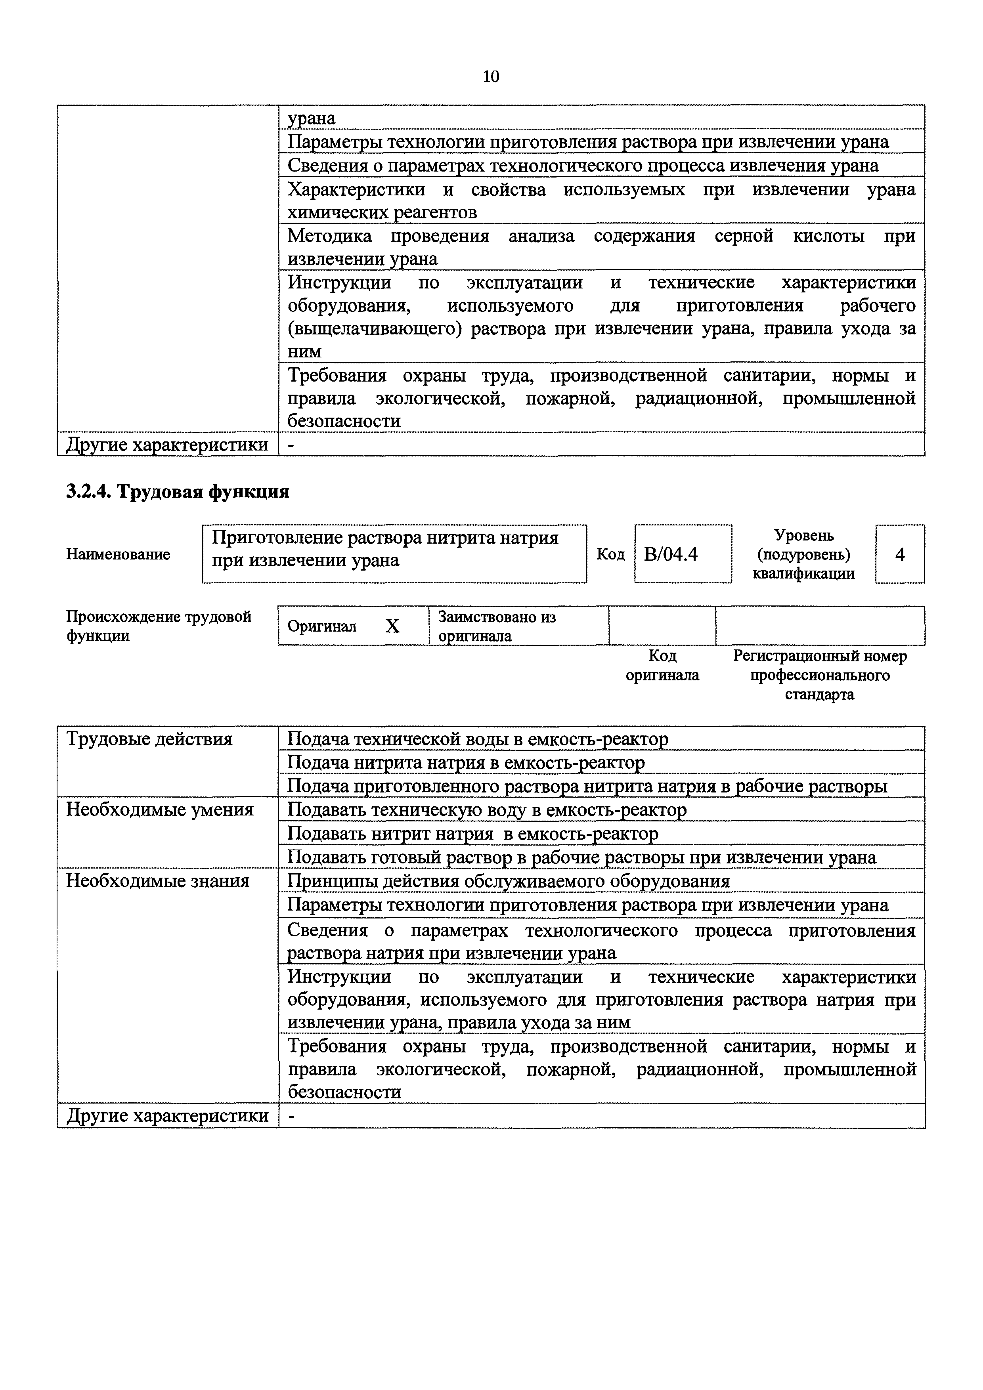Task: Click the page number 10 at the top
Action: pyautogui.click(x=491, y=76)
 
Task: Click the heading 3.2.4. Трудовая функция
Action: pyautogui.click(x=178, y=492)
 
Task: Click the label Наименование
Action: pyautogui.click(x=118, y=554)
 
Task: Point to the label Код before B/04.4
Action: pyautogui.click(x=610, y=554)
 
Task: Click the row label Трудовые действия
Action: pyautogui.click(x=149, y=739)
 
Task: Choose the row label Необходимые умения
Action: pyautogui.click(x=159, y=810)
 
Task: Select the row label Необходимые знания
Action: pyautogui.click(x=157, y=880)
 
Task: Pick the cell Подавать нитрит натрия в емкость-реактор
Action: pyautogui.click(x=472, y=834)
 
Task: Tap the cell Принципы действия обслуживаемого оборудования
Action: pyautogui.click(x=508, y=881)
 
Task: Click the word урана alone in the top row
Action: pyautogui.click(x=311, y=118)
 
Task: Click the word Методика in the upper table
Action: pyautogui.click(x=329, y=236)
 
